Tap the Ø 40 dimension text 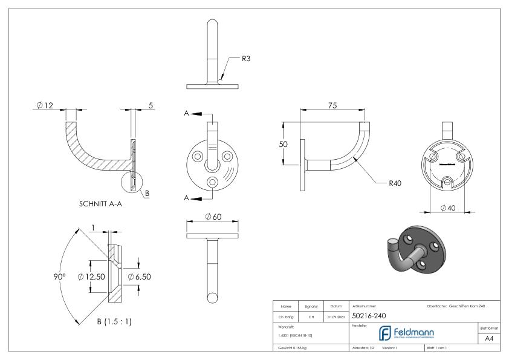448,208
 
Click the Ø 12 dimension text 45,106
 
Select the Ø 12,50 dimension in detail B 91,277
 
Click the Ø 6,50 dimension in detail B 141,277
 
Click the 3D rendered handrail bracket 417,250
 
